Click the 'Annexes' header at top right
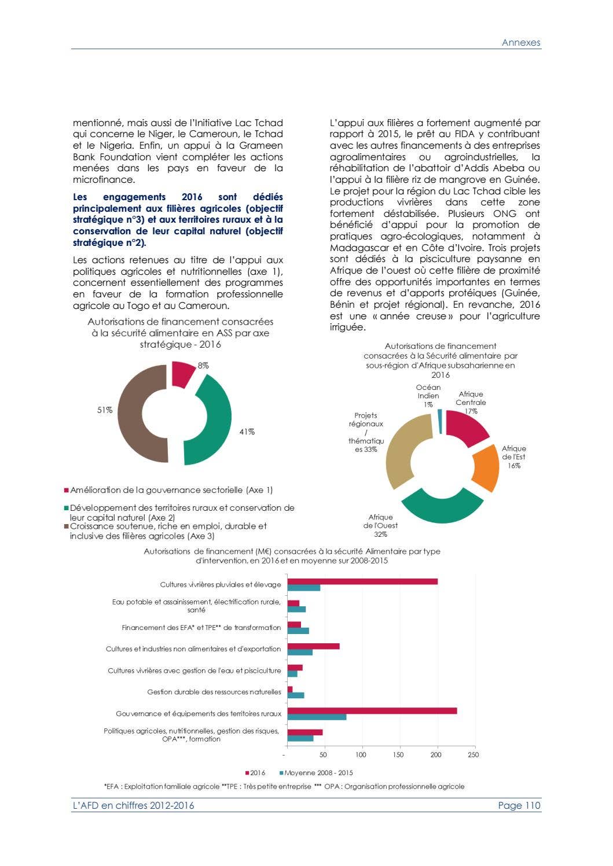point(520,42)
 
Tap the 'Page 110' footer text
point(519,805)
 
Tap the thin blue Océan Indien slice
point(440,421)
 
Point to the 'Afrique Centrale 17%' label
point(471,403)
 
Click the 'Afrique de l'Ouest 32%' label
point(380,525)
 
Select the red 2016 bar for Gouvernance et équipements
point(372,710)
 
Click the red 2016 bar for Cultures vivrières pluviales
point(362,581)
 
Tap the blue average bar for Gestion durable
point(296,695)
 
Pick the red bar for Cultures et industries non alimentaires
point(313,646)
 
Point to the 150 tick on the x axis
point(398,754)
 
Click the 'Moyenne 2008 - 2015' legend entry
point(318,773)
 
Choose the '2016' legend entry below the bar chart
point(257,773)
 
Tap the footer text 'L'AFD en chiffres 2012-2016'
point(133,805)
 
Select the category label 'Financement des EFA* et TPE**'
point(201,628)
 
